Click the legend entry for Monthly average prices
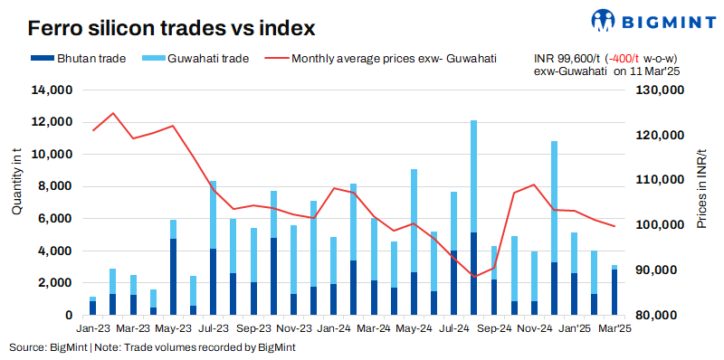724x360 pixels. click(380, 59)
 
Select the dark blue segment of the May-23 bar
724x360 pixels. click(173, 277)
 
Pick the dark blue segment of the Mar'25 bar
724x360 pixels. click(614, 292)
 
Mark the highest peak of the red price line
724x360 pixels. click(112, 114)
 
